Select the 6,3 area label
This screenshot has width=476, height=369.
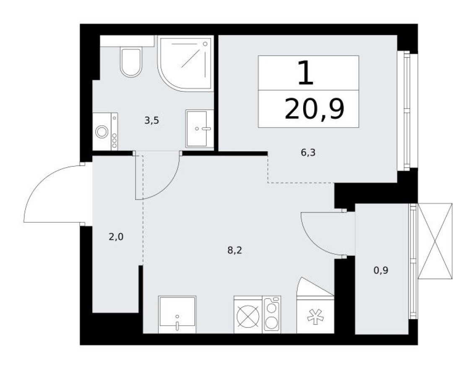[x=307, y=153]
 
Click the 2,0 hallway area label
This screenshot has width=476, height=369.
[x=116, y=237]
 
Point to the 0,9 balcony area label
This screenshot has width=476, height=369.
[x=381, y=270]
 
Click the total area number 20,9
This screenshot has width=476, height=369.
[x=314, y=110]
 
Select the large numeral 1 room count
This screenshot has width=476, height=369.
[x=305, y=73]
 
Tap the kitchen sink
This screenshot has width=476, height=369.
[x=177, y=314]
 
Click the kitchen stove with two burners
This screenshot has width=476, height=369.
[x=271, y=314]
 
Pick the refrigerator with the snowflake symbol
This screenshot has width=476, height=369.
[x=315, y=314]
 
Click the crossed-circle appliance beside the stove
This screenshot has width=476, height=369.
[x=247, y=314]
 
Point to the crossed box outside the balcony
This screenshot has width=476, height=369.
[x=435, y=241]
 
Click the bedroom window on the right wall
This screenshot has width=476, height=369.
[x=406, y=111]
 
